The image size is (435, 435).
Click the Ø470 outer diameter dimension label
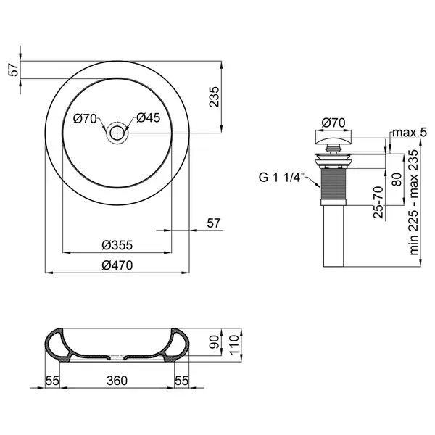[117, 265]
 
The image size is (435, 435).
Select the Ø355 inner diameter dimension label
[117, 245]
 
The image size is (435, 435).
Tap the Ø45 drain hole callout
[148, 117]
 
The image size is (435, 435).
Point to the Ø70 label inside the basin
[85, 119]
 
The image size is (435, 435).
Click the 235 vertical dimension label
[215, 97]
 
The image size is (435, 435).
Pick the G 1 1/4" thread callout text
[281, 178]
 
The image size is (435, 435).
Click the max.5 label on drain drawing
[410, 133]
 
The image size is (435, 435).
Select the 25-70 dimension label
[378, 202]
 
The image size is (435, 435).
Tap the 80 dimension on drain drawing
[397, 180]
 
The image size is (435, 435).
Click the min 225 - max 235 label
[414, 202]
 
